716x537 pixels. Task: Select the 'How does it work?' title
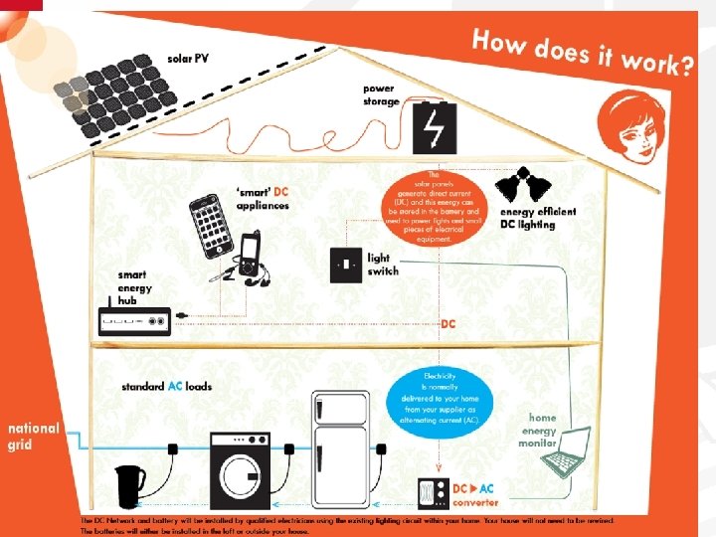tap(582, 53)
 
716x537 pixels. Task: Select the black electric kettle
tap(130, 484)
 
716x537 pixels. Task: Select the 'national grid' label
tap(34, 437)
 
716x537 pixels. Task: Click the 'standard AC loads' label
tap(167, 386)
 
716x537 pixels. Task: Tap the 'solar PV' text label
tap(188, 57)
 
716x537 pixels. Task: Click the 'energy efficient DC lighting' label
tap(538, 218)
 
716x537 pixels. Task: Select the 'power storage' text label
tap(381, 94)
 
